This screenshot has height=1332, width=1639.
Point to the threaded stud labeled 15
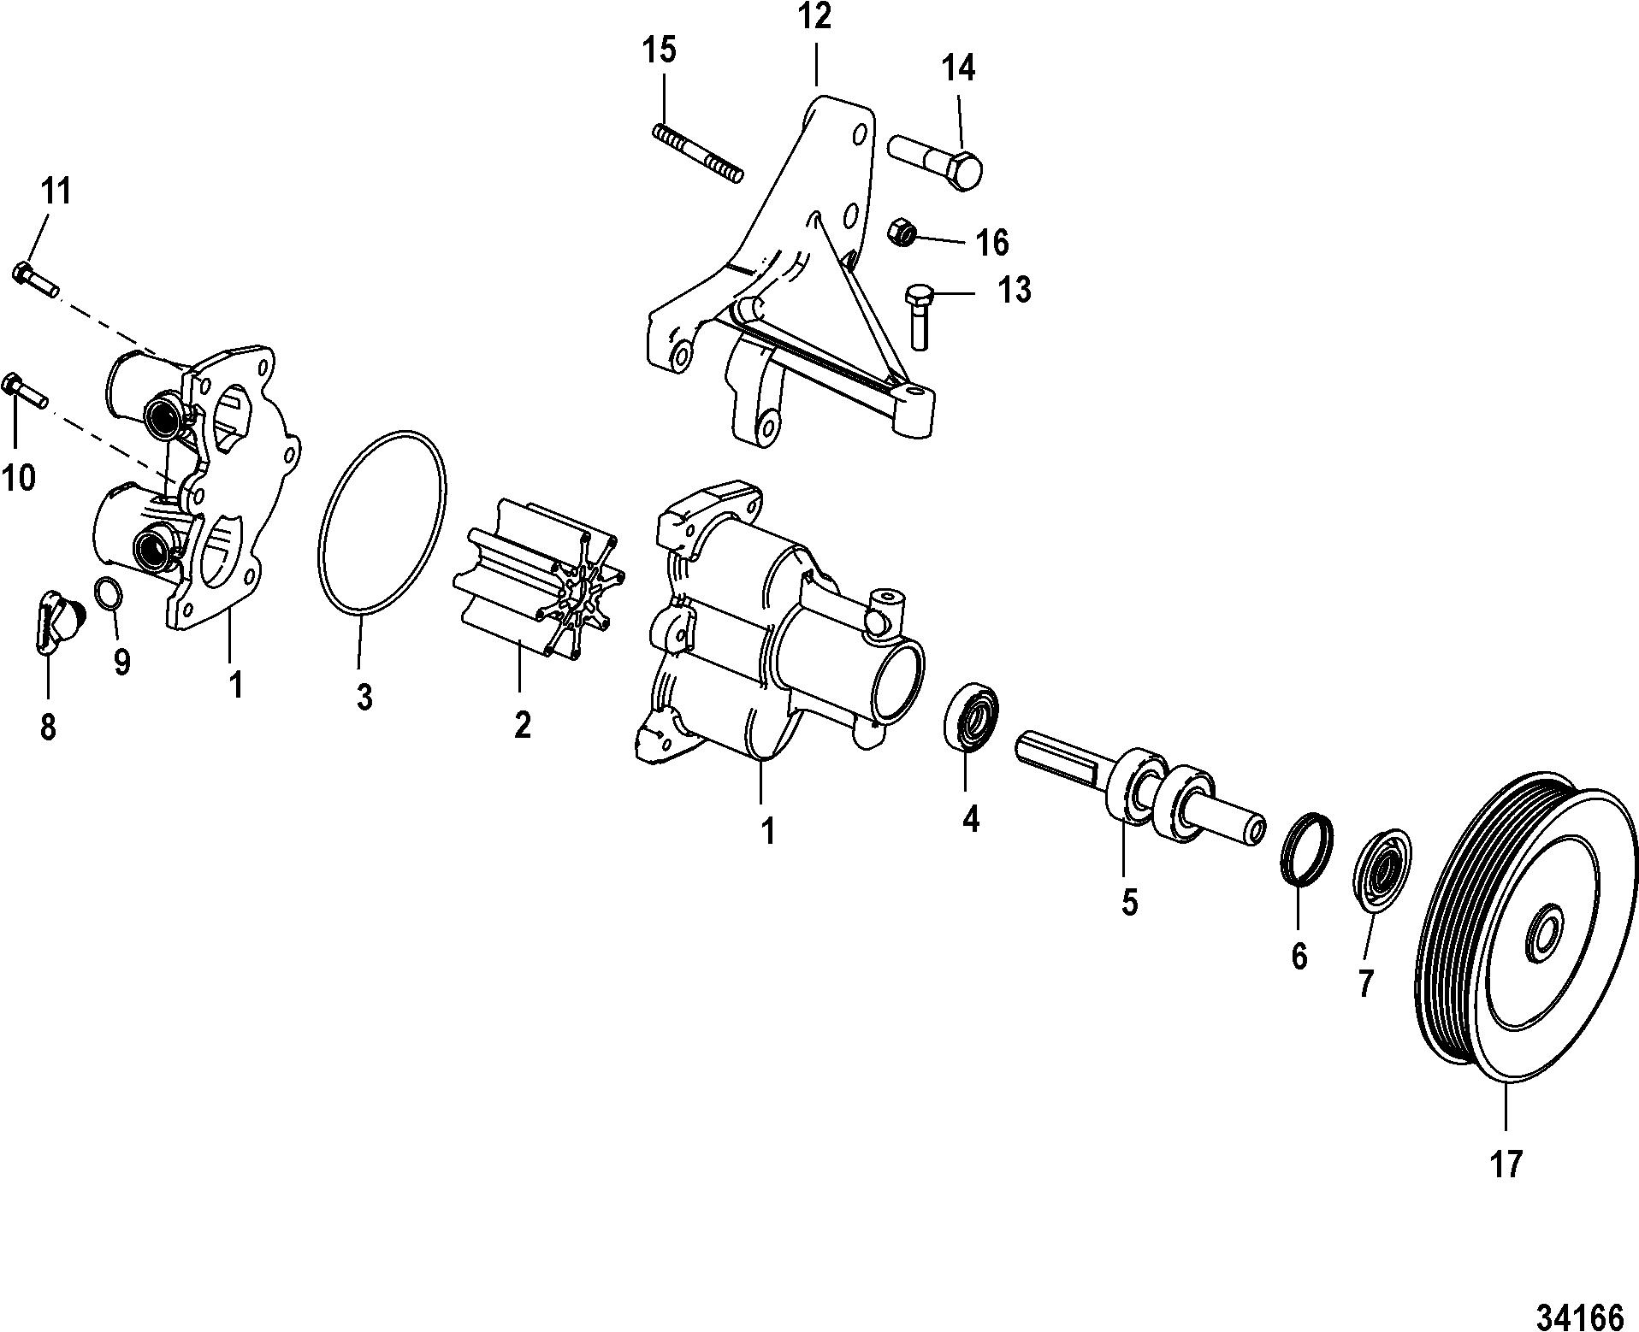click(698, 152)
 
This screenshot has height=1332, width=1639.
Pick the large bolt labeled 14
click(934, 159)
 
